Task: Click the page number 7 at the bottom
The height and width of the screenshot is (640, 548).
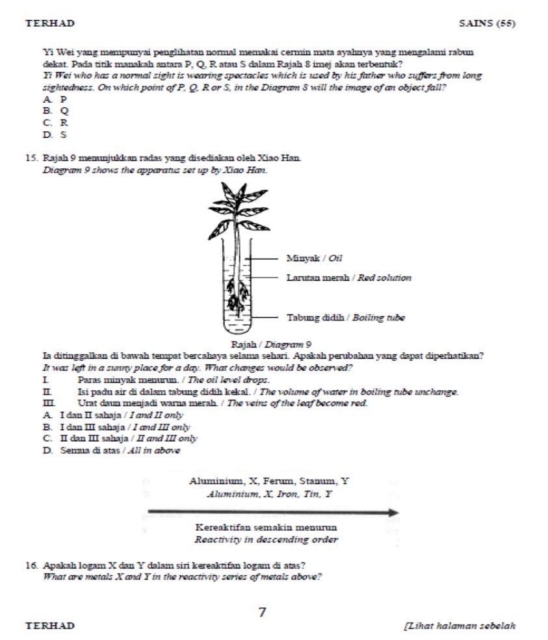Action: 263,611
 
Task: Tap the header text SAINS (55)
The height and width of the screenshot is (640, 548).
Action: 487,23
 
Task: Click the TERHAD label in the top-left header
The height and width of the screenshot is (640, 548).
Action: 50,23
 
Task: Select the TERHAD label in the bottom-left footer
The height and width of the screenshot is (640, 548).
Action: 50,626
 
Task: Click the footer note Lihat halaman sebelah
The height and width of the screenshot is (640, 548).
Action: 460,626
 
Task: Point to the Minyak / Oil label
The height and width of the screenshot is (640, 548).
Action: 315,259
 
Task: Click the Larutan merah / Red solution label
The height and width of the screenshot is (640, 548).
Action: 348,277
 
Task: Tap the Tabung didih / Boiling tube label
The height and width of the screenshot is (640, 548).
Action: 346,318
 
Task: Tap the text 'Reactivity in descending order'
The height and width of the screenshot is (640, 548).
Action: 267,539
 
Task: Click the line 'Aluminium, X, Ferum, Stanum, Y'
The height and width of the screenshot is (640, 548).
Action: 269,481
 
